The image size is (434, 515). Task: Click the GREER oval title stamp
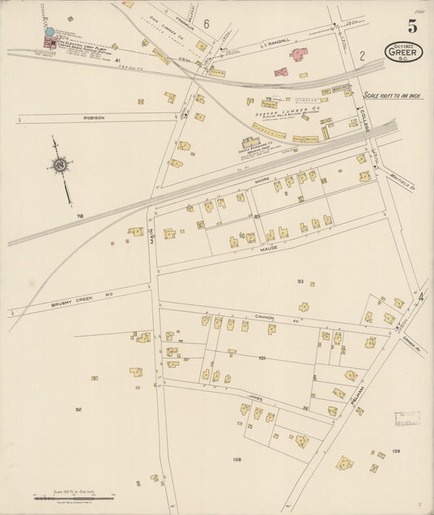(403, 52)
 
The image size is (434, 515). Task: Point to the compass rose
(59, 165)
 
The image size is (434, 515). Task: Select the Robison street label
(94, 117)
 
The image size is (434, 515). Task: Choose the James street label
(256, 397)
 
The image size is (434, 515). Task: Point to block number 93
(300, 281)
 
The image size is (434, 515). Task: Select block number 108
(237, 460)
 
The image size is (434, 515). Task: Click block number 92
(78, 409)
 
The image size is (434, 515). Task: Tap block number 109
(396, 451)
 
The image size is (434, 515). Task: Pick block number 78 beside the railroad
(80, 216)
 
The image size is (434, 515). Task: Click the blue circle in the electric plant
(50, 32)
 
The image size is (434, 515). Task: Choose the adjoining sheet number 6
(207, 24)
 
